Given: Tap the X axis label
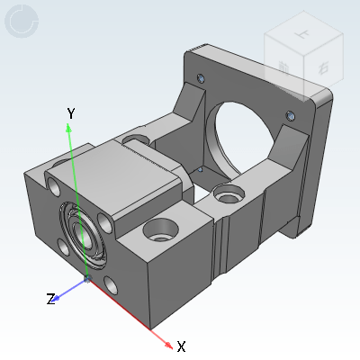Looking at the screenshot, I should (x=181, y=346).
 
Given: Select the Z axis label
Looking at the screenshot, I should (x=51, y=299).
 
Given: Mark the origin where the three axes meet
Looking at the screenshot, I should (x=87, y=280).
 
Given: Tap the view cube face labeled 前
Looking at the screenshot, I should (x=283, y=66).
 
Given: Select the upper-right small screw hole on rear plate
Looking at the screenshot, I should (x=289, y=114).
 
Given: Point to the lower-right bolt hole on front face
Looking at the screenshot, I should (x=111, y=284).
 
